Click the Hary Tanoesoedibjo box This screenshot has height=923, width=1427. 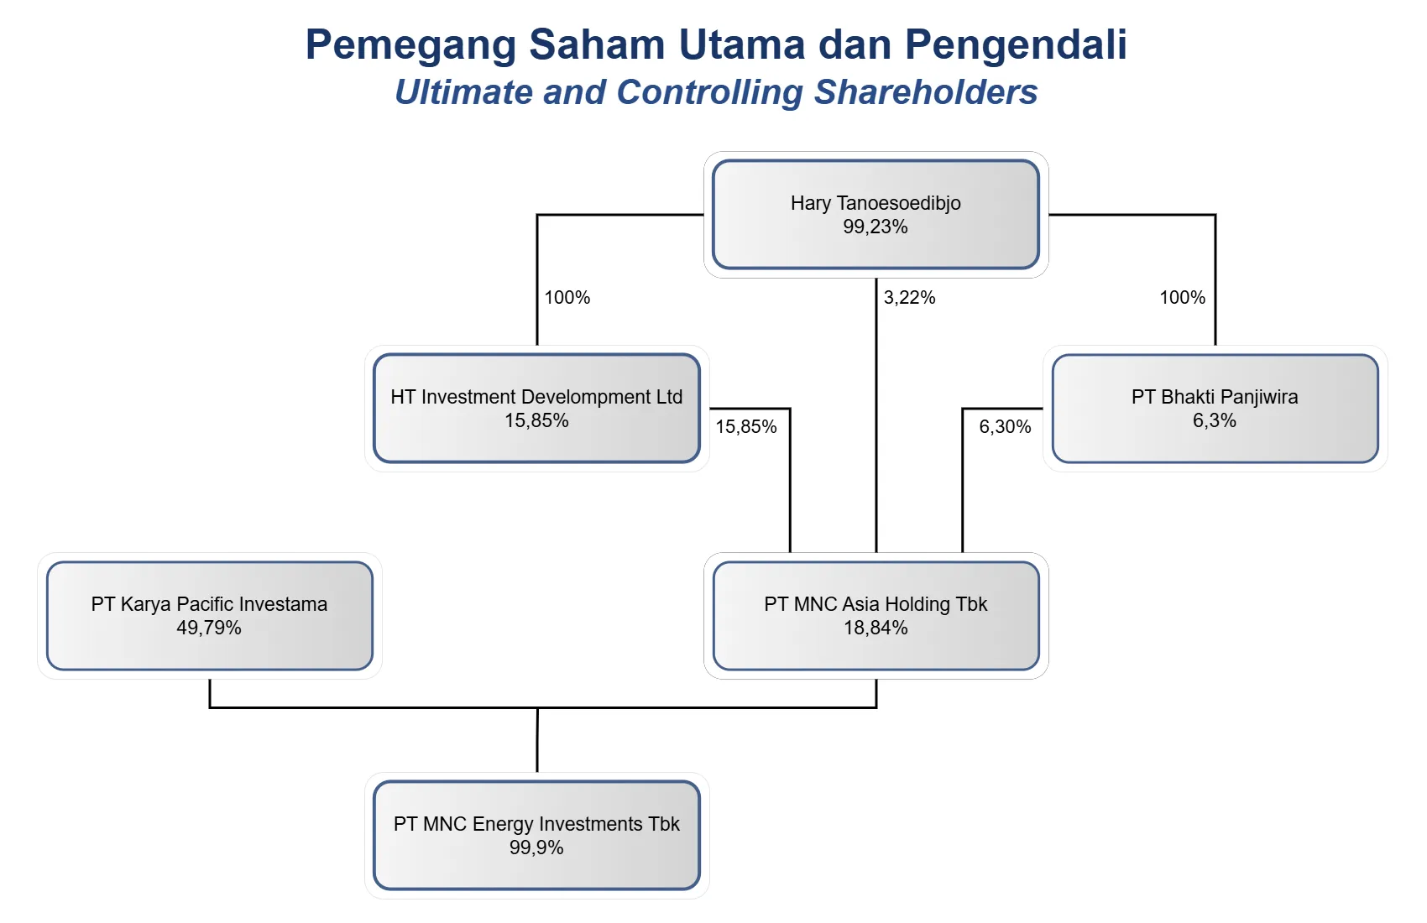[876, 215]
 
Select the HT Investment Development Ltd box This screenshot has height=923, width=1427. [536, 409]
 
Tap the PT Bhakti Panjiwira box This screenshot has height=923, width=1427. [1215, 409]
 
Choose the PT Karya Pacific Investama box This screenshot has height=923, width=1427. [210, 615]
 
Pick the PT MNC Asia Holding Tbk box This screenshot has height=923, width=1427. [876, 615]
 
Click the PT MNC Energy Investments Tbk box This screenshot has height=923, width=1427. [536, 835]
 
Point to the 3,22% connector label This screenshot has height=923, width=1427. [909, 298]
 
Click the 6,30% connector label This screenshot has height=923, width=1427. [1005, 426]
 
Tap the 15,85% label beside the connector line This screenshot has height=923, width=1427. [746, 426]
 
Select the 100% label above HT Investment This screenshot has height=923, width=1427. [567, 298]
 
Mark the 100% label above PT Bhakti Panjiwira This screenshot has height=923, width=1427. [1183, 298]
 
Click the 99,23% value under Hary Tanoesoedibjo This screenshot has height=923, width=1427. [876, 227]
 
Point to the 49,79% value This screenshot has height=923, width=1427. [209, 628]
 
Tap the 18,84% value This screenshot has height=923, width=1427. [876, 628]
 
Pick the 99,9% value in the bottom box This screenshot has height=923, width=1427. [536, 847]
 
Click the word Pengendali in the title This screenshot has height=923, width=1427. [1016, 45]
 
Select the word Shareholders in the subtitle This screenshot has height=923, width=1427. [926, 91]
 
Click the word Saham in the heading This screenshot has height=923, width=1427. [597, 44]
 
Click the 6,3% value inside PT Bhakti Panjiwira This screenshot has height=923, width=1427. [1215, 420]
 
